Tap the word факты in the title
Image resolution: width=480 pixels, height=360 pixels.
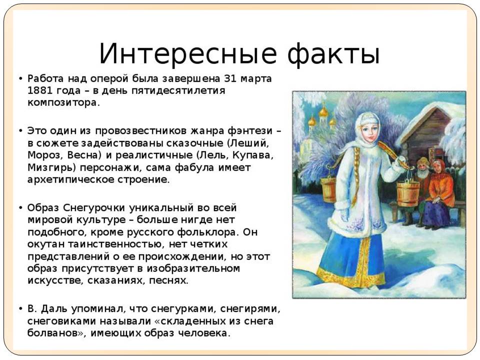point(333,54)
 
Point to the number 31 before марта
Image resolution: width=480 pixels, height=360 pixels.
point(230,78)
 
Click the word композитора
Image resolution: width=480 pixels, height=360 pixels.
point(63,103)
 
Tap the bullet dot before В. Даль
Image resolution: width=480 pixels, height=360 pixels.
point(20,308)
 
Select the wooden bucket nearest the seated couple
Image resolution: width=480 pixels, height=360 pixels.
point(408,194)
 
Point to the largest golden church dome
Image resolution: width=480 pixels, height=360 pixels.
point(323,111)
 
